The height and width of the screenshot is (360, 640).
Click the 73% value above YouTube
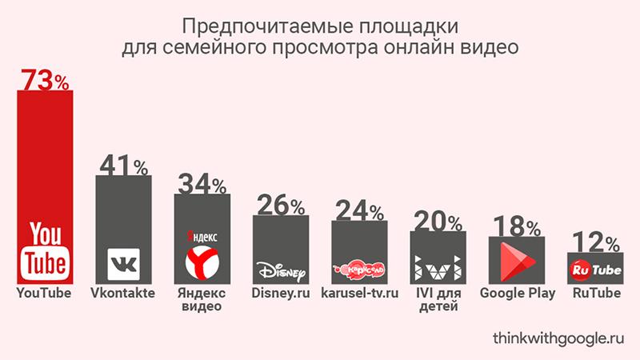(45, 81)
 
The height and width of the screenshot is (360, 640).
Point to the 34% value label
(201, 185)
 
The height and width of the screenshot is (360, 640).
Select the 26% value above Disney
(280, 206)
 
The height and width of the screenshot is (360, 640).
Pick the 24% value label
(358, 210)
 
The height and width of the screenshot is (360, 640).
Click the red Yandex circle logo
(201, 262)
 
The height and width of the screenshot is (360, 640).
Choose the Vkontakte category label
(123, 294)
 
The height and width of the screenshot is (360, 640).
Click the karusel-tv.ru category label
(358, 294)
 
